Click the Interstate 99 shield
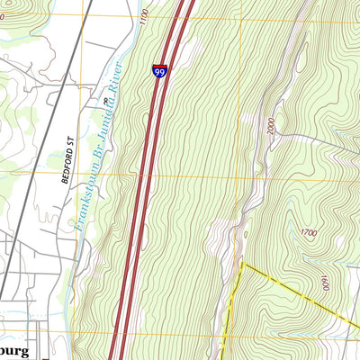(x=159, y=72)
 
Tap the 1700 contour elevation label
(x=308, y=233)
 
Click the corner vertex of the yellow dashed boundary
(x=242, y=263)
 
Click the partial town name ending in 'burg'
(x=16, y=349)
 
